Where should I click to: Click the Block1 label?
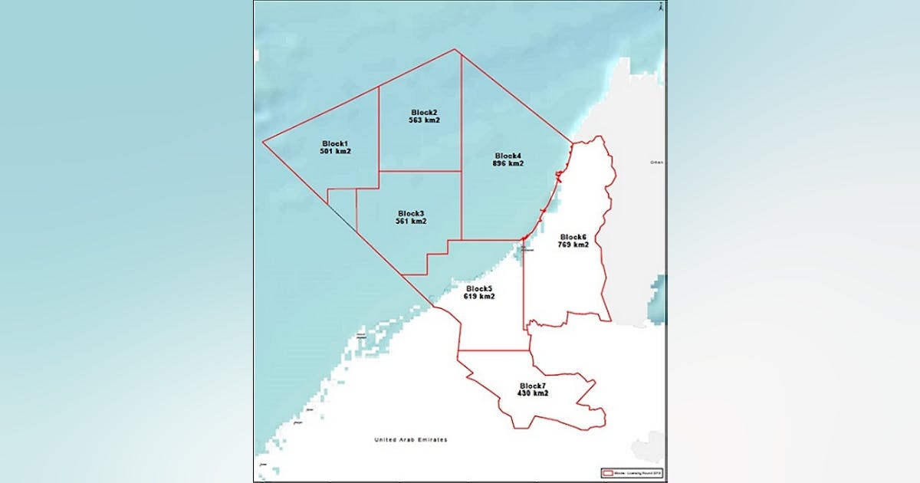tap(335, 143)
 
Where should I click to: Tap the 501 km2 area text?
tap(335, 152)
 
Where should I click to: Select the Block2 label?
tap(424, 112)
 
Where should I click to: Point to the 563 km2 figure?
tap(424, 120)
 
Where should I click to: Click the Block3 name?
tap(411, 213)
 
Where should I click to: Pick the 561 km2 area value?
tap(411, 222)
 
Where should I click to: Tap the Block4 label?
tap(508, 156)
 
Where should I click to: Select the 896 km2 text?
tap(508, 164)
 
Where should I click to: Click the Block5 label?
tap(478, 288)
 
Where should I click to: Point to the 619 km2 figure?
tap(478, 297)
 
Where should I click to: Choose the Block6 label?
tap(573, 237)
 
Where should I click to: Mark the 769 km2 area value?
tap(573, 245)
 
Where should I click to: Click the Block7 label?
tap(532, 385)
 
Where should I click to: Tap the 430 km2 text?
tap(532, 393)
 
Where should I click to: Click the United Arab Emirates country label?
tap(410, 440)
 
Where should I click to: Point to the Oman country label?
tap(655, 163)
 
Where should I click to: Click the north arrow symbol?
tap(660, 7)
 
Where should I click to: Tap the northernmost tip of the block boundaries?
tap(455, 50)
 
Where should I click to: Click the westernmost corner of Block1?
tap(263, 142)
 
